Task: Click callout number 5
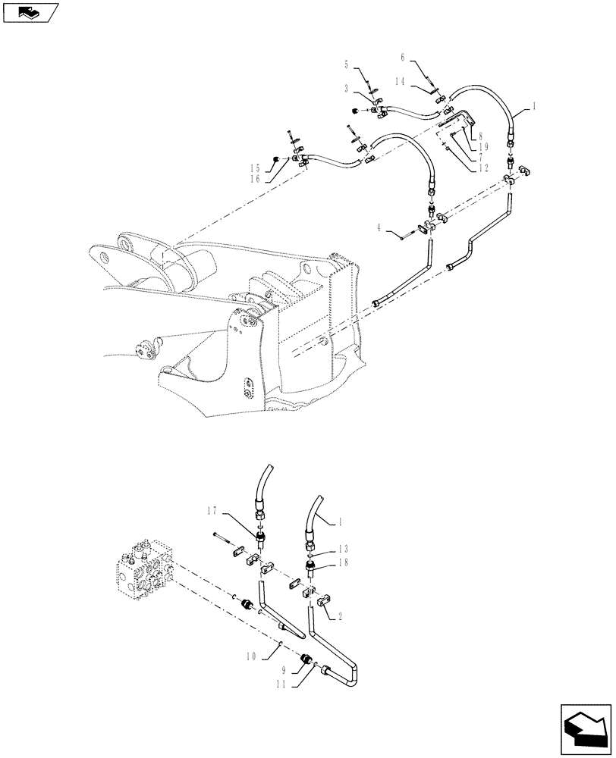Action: click(x=347, y=64)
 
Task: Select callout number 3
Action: click(x=347, y=89)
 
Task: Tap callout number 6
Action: click(x=403, y=57)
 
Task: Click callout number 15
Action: click(x=255, y=168)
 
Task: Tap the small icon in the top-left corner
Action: click(x=29, y=11)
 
